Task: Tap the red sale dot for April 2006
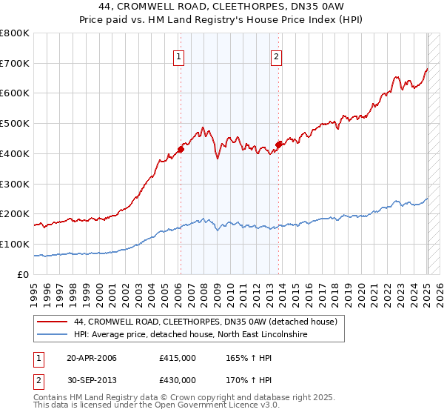pos(180,149)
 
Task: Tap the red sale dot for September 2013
pos(278,145)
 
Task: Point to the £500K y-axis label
pos(15,124)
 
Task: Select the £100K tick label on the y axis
pos(15,244)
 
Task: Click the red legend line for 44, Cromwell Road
pos(53,322)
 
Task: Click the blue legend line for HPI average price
pos(53,336)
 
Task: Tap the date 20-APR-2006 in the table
pos(91,358)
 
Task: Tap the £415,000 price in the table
pos(177,358)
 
